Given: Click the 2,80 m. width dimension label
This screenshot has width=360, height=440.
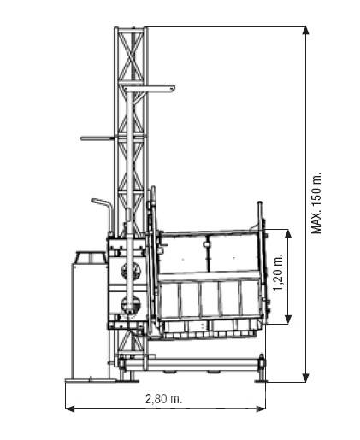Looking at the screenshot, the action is [x=163, y=399].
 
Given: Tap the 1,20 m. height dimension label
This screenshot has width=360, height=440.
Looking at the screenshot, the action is [x=279, y=273].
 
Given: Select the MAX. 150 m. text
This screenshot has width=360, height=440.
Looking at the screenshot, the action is [x=316, y=202].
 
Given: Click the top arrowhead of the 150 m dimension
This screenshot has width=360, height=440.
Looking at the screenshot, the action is [x=306, y=31].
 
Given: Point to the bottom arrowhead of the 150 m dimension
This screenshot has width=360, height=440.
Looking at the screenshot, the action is [x=306, y=378].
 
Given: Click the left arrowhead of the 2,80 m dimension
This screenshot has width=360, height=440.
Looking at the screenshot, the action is [x=70, y=408].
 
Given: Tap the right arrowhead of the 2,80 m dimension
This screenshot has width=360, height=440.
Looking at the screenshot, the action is [x=261, y=408].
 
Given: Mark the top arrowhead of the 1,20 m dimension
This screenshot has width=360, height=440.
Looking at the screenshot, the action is [x=288, y=233].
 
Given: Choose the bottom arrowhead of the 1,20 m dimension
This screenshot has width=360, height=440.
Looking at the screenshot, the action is [x=288, y=320].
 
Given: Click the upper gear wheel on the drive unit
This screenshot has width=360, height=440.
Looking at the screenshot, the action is [x=131, y=270].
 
